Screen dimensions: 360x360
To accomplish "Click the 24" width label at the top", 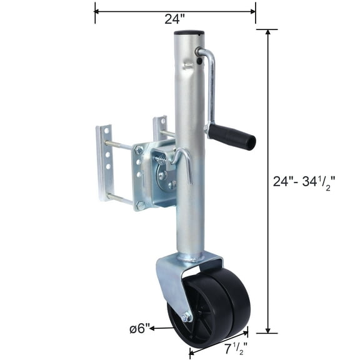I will [171, 19].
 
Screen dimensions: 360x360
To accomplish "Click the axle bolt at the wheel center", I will [186, 317].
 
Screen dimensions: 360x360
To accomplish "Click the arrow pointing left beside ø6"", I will [152, 327].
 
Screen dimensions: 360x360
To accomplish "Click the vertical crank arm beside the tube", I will [211, 87].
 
